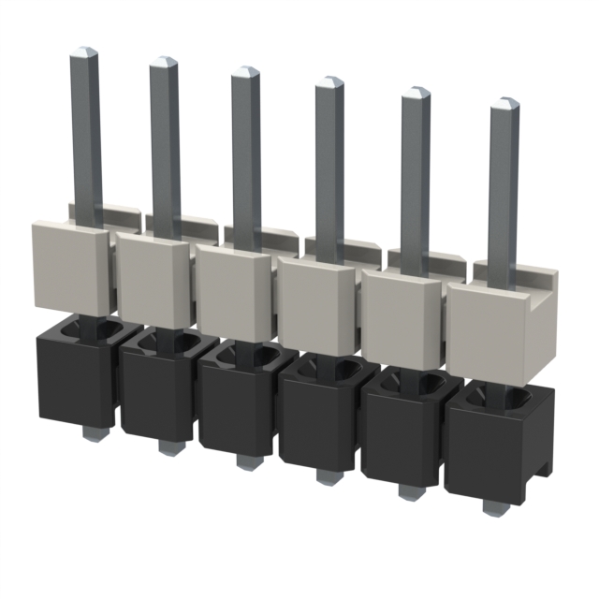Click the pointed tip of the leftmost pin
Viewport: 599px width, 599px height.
tap(84, 51)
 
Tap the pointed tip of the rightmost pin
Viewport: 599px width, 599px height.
tap(504, 102)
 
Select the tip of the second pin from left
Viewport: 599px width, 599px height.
tap(164, 62)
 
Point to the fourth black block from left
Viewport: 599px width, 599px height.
tap(318, 421)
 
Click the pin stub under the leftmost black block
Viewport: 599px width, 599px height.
tap(90, 433)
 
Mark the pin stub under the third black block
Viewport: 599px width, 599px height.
tap(246, 461)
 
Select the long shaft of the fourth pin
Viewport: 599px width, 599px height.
tap(329, 168)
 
